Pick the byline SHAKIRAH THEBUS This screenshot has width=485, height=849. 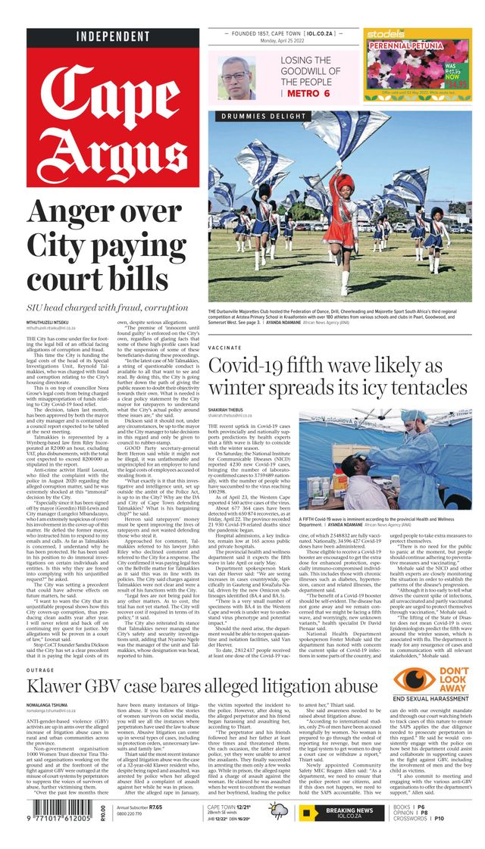point(232,408)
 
